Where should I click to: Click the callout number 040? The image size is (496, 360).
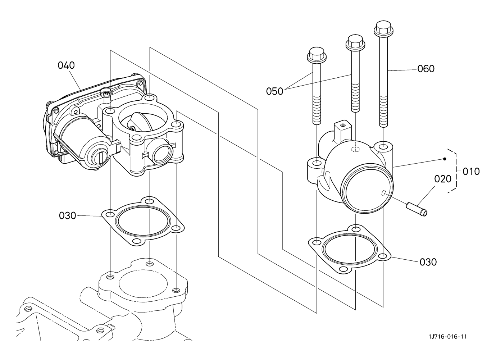[x=66, y=65]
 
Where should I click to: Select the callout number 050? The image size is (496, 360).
[x=274, y=91]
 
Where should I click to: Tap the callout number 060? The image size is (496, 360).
[x=426, y=69]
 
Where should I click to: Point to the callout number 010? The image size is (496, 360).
[x=471, y=172]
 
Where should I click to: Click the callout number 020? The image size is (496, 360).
[x=443, y=179]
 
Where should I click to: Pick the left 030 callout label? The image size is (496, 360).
[x=68, y=216]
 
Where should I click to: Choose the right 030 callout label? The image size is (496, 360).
[x=428, y=262]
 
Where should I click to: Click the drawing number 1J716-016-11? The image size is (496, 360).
[x=448, y=337]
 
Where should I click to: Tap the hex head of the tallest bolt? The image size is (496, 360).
[x=384, y=28]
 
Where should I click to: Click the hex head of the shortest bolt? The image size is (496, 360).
[x=317, y=54]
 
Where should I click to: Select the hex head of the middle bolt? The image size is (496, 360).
[x=355, y=42]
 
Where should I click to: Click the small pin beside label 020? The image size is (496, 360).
[x=417, y=209]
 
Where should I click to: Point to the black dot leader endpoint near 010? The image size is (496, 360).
[x=445, y=159]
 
